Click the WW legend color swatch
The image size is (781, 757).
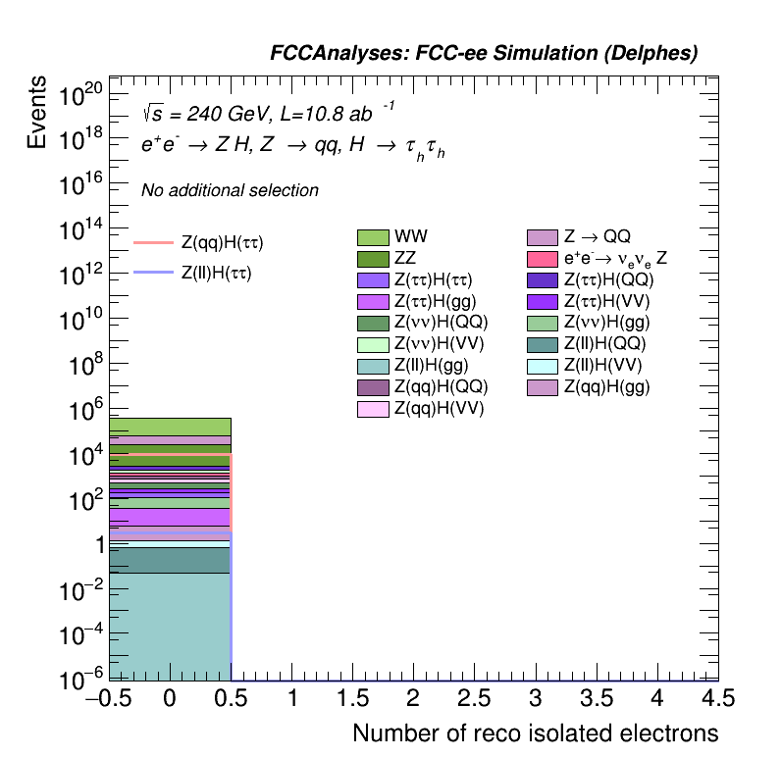(x=374, y=237)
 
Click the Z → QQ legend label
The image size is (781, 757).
(x=597, y=237)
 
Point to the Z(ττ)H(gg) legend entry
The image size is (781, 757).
(x=432, y=301)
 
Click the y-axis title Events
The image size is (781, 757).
(x=36, y=112)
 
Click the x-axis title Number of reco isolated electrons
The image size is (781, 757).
(x=535, y=733)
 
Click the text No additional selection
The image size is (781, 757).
(x=230, y=190)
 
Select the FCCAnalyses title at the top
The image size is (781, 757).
(x=484, y=54)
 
